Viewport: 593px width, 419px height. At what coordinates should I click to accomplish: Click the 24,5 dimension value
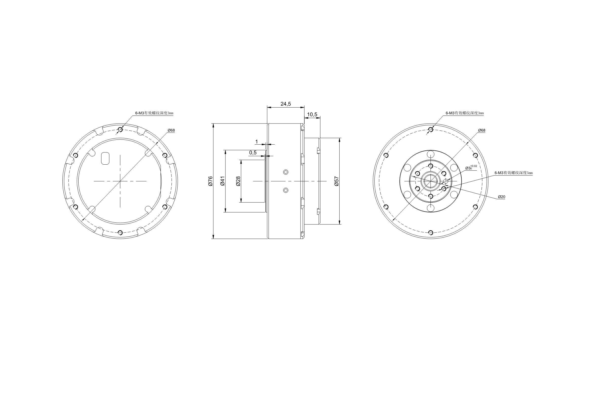click(286, 104)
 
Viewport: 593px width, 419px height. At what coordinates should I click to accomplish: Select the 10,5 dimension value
click(312, 115)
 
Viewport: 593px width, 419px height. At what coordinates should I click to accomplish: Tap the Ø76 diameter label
click(210, 181)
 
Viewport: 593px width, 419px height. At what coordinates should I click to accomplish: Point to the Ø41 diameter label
click(223, 181)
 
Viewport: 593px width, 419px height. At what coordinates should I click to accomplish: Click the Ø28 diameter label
click(238, 181)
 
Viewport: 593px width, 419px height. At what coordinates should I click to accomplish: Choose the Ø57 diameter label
click(336, 181)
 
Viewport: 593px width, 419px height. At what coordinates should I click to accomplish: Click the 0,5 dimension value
click(253, 153)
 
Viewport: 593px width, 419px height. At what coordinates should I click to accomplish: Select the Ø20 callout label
click(502, 197)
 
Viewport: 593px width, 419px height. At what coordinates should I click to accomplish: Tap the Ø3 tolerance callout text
click(471, 167)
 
